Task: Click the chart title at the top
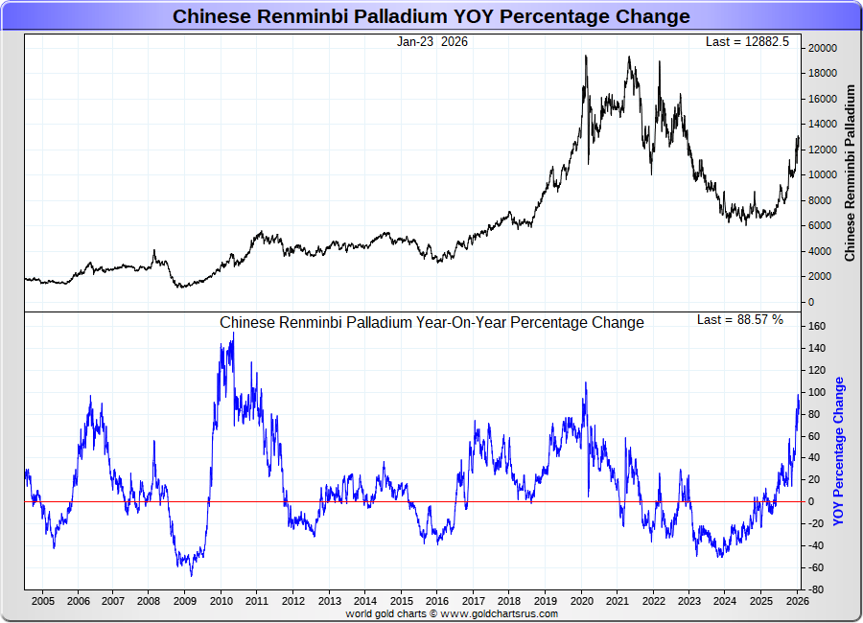(431, 16)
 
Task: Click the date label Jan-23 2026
(432, 41)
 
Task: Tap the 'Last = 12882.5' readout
(747, 41)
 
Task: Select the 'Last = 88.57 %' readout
(739, 319)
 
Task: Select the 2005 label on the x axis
(42, 601)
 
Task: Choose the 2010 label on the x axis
(222, 601)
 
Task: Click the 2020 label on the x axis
(581, 601)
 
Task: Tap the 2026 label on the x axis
(795, 601)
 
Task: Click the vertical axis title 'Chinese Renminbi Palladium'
(850, 173)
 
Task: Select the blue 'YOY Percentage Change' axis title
(839, 451)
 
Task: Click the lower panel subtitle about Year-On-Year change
(431, 323)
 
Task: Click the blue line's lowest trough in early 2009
(191, 575)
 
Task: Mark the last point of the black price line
(798, 138)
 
